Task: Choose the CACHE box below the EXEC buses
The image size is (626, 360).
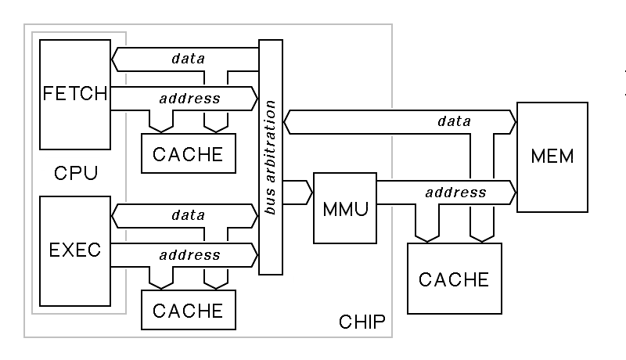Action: (x=188, y=310)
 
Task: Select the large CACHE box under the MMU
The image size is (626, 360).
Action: (x=454, y=279)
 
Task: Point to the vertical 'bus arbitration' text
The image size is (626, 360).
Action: (x=271, y=157)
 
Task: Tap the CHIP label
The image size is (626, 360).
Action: (x=362, y=322)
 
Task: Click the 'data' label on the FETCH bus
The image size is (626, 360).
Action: (x=188, y=57)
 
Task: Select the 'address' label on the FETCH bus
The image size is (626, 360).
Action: (x=189, y=99)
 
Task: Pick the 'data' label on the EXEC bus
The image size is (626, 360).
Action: (x=188, y=214)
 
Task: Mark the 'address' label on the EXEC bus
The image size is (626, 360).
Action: (x=189, y=254)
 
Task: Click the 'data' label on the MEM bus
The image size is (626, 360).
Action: (x=455, y=121)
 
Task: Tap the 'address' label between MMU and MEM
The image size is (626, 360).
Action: (x=455, y=192)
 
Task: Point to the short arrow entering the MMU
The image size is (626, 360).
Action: (x=298, y=192)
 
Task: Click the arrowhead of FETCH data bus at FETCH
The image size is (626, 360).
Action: (x=116, y=57)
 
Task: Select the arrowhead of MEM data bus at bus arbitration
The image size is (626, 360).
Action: (x=288, y=121)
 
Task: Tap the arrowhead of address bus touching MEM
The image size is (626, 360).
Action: (x=512, y=192)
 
